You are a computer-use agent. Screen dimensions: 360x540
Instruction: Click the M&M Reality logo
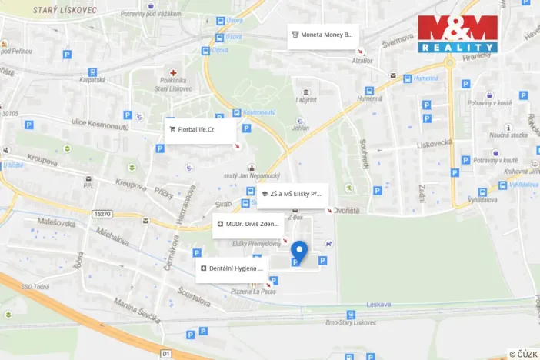point(458,34)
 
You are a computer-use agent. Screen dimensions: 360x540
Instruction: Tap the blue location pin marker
point(299,251)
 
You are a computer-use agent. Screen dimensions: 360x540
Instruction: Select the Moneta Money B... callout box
point(324,35)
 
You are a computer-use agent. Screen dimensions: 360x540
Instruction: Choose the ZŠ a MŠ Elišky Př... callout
point(293,194)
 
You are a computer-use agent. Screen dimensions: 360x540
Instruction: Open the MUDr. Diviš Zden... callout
point(247,225)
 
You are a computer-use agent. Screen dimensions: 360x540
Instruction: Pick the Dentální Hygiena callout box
point(231,269)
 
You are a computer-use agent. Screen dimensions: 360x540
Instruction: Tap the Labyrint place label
point(306,100)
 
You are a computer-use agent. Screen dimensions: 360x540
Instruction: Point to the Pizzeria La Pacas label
point(252,292)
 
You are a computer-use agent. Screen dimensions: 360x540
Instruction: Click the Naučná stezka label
point(508,135)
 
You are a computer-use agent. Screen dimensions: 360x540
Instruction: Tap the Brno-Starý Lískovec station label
point(351,324)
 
